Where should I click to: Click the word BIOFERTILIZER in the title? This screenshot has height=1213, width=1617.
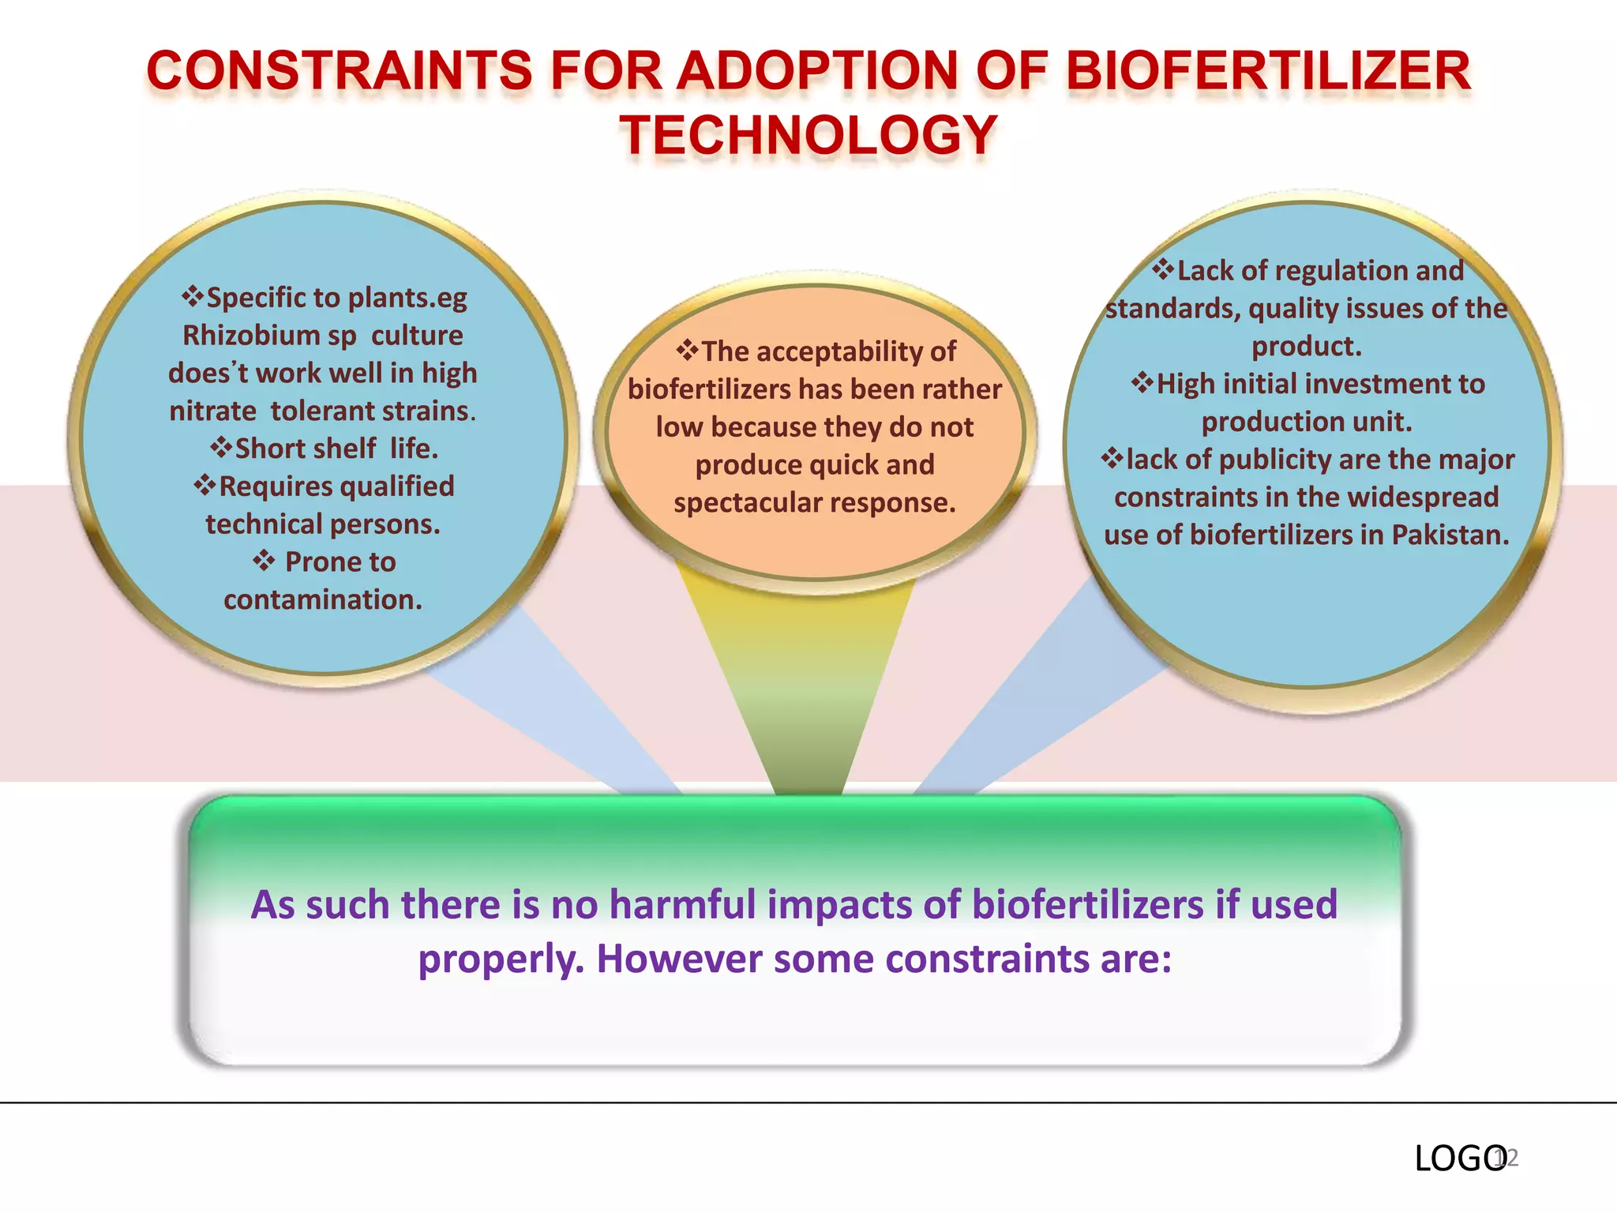1268,71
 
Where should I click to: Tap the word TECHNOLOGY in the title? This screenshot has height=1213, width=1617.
808,136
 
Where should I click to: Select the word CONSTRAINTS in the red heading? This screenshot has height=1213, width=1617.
340,71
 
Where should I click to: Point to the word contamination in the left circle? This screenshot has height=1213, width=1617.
322,600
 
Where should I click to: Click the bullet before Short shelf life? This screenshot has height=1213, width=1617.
221,449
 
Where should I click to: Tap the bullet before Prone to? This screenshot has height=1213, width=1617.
264,561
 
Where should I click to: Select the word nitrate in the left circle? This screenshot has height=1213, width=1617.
212,411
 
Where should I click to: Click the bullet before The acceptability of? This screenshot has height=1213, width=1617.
687,351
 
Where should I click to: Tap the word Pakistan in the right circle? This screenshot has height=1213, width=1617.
1450,535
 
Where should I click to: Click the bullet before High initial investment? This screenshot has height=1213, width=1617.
1142,384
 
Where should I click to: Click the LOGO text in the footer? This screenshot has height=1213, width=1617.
1459,1159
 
